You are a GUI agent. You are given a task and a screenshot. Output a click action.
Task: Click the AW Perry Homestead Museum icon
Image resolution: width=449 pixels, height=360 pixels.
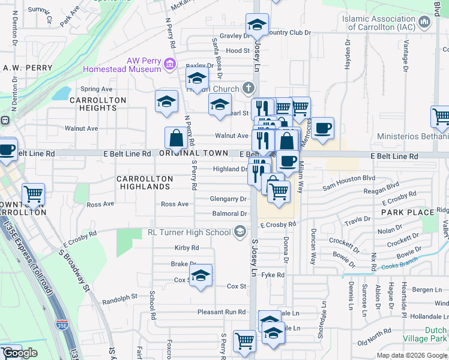(170, 64)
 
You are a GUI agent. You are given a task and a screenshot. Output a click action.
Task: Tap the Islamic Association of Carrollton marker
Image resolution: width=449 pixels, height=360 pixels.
(425, 23)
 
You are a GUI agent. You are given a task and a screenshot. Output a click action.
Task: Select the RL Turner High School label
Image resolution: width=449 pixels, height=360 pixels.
(190, 232)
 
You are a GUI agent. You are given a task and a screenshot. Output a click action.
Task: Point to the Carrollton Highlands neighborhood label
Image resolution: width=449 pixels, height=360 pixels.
(145, 183)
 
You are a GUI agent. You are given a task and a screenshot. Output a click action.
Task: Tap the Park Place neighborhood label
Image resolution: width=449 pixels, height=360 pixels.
(408, 212)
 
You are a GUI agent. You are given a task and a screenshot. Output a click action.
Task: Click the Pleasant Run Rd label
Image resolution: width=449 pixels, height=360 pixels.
(221, 312)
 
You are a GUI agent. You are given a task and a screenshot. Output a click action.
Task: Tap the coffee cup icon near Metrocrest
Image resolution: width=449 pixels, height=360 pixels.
(322, 128)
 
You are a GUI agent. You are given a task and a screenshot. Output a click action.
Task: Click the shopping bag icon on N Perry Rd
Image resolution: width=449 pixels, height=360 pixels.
(176, 138)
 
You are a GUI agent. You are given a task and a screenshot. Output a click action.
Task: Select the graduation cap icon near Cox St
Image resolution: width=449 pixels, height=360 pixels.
(200, 275)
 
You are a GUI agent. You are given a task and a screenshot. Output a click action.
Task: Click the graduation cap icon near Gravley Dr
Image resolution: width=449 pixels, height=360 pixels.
(257, 25)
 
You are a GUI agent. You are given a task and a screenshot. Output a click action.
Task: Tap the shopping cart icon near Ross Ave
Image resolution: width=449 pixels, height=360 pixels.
(33, 194)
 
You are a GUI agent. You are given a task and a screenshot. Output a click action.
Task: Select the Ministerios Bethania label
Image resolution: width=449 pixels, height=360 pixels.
(412, 137)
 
